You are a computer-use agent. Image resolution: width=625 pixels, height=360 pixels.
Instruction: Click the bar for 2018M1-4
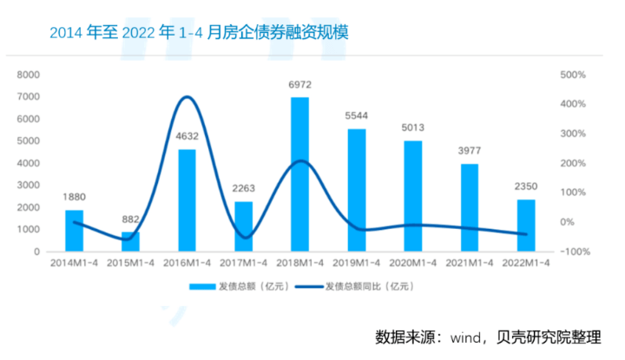pos(299,173)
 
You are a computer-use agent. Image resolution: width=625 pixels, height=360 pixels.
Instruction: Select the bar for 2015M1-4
pos(130,241)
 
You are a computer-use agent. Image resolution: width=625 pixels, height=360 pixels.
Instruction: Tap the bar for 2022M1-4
pos(526,226)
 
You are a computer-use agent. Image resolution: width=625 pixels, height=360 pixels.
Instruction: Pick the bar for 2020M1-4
pos(412,195)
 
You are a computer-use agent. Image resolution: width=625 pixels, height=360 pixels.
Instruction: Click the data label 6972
pos(299,85)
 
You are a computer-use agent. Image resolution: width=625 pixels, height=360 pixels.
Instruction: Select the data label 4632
pos(187,135)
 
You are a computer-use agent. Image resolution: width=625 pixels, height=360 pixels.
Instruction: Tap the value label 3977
pos(469,150)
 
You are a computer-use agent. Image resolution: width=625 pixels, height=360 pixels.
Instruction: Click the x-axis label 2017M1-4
pos(243,263)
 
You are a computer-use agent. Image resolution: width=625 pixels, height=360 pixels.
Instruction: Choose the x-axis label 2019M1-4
pos(356,263)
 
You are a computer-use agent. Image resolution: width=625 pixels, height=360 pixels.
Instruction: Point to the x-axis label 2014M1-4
pos(74,263)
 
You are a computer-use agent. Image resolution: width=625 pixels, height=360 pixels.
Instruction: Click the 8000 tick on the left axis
pos(29,75)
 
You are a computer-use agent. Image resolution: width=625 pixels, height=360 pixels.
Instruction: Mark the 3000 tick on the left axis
pos(29,185)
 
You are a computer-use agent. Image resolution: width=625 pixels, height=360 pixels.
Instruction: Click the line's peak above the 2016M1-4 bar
pos(187,96)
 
